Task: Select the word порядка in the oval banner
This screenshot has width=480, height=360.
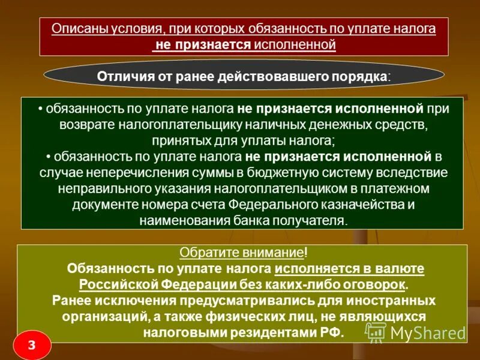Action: point(359,76)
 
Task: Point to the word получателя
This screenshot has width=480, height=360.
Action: point(311,220)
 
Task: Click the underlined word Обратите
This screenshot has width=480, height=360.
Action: point(203,253)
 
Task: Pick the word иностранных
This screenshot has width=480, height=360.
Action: point(392,299)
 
